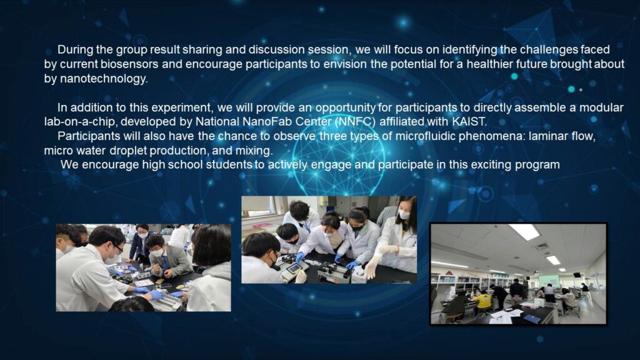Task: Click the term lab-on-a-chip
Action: point(79,122)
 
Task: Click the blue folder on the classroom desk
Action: point(531,319)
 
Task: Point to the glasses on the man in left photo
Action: point(117,247)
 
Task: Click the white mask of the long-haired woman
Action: point(404,214)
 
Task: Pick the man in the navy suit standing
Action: point(141,244)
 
